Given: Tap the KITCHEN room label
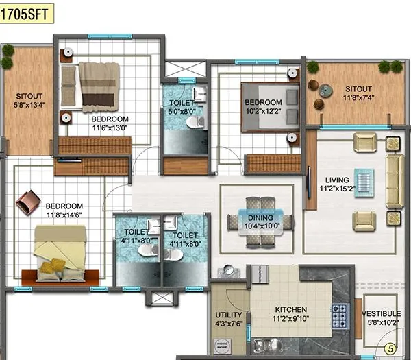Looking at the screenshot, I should pyautogui.click(x=290, y=309).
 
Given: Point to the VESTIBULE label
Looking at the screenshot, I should pyautogui.click(x=382, y=314).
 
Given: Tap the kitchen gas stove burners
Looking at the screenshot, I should pyautogui.click(x=340, y=315).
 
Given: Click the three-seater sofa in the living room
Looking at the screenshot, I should pyautogui.click(x=394, y=181).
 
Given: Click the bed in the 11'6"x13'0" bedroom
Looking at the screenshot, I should pyautogui.click(x=97, y=86).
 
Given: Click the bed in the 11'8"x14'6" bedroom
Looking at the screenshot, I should pyautogui.click(x=60, y=254).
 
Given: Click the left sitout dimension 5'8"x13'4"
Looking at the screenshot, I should pyautogui.click(x=28, y=106).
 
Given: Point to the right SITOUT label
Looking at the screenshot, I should pyautogui.click(x=358, y=89).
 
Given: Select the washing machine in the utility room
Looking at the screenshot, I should pyautogui.click(x=221, y=346).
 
